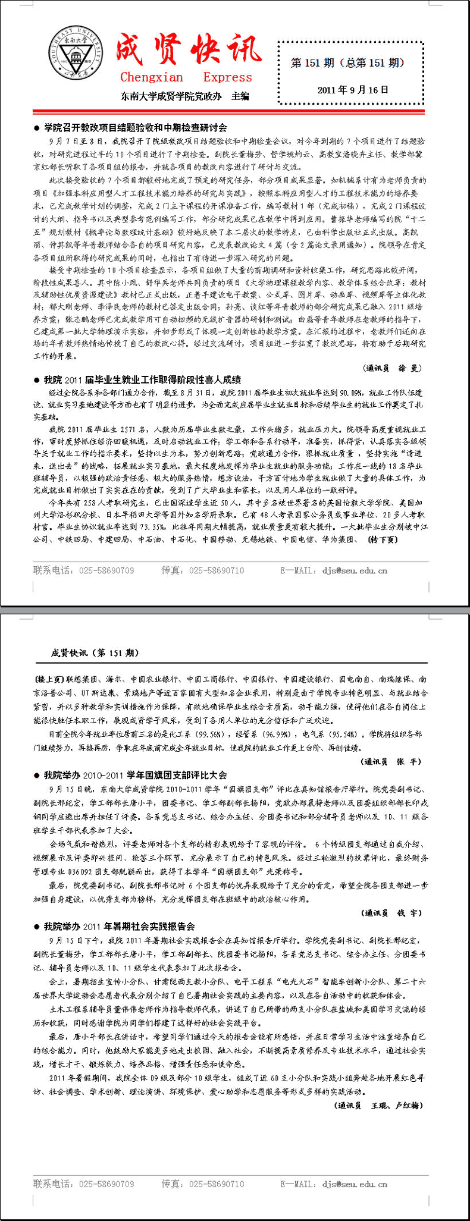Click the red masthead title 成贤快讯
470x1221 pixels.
coord(188,49)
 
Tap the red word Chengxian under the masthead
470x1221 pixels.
coord(152,77)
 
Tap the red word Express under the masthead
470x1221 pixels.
coord(227,77)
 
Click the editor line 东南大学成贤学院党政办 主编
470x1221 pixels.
coord(184,96)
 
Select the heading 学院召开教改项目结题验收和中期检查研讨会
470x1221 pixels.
coord(135,127)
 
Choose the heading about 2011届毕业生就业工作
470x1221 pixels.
coord(142,379)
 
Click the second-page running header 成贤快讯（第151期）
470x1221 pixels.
coord(95,653)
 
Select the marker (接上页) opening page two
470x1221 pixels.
coord(49,679)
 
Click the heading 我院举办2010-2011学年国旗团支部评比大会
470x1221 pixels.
coord(135,775)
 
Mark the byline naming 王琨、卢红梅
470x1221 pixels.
coord(379,1105)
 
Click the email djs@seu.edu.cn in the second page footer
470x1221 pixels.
coord(355,1184)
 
